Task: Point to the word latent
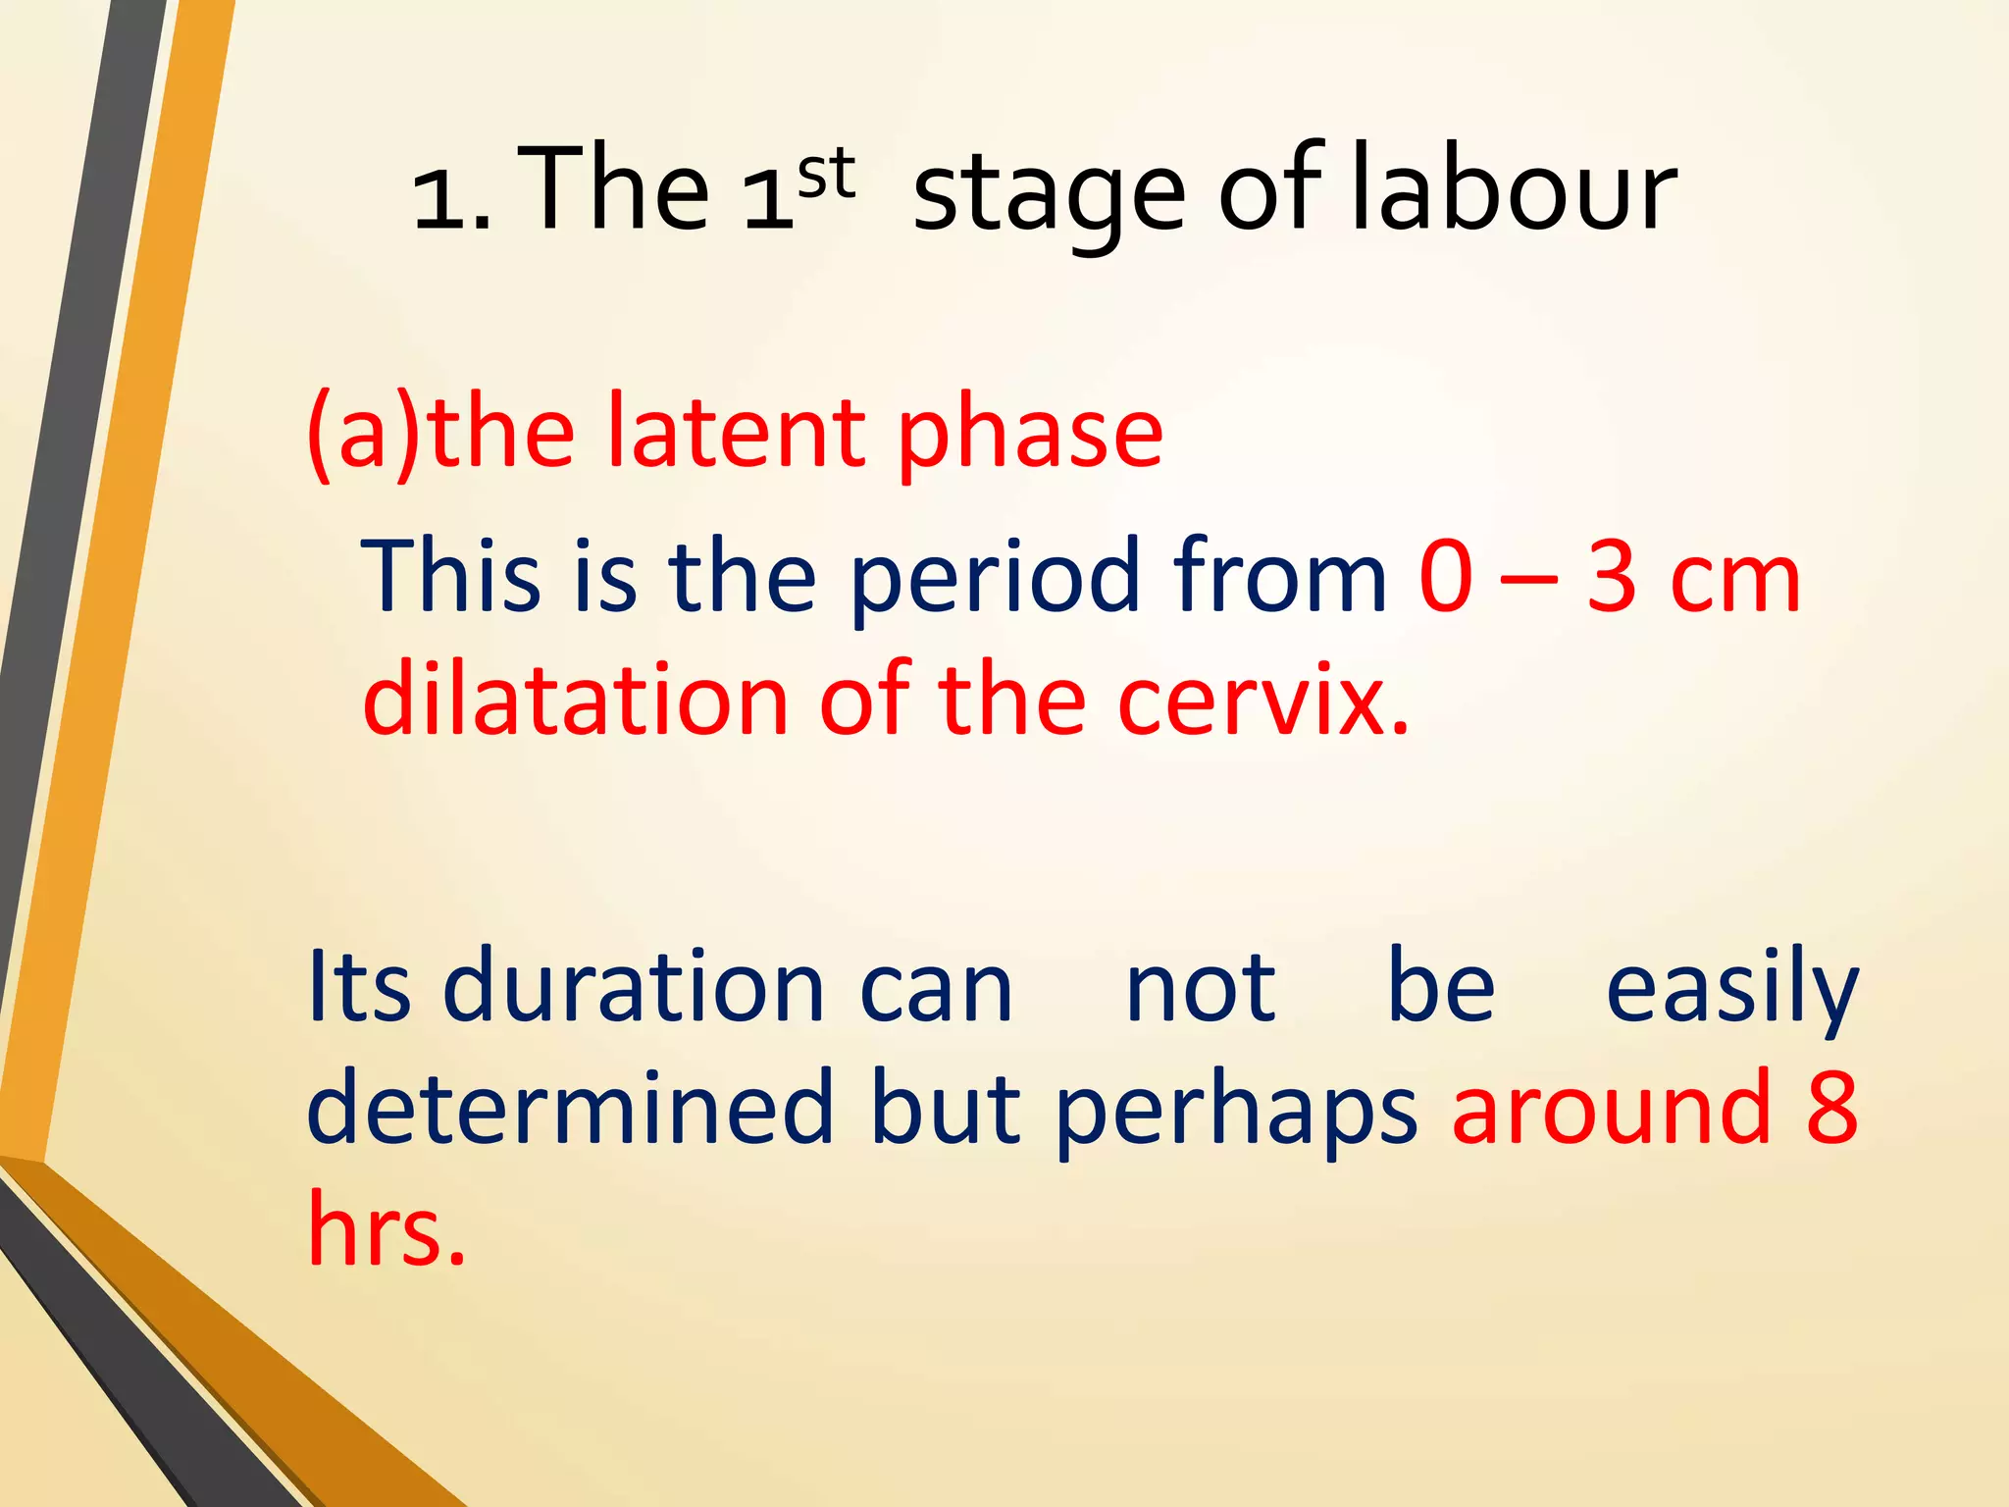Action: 736,433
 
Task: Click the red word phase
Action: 1030,437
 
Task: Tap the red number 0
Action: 1446,577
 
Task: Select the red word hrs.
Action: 386,1229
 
